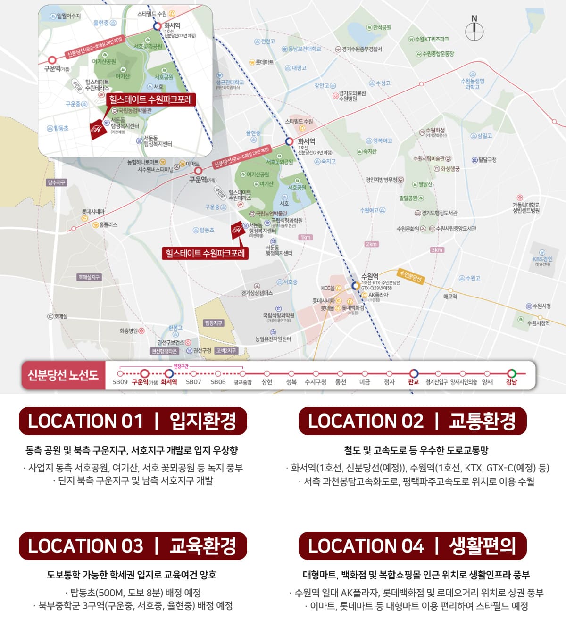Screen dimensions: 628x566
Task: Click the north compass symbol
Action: [474, 31]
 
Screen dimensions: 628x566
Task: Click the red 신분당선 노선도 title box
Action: [63, 375]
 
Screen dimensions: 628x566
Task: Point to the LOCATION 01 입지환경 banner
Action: [133, 421]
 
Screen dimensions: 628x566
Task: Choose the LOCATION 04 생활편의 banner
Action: [412, 546]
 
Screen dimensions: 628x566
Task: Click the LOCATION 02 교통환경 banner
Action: [412, 421]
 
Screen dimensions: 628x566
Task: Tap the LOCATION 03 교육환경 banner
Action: [133, 546]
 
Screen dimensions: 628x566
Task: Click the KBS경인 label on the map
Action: [542, 259]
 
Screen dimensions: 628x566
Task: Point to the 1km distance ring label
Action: [306, 237]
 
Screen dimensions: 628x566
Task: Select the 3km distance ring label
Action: [437, 250]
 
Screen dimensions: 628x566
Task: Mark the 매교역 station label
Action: [450, 297]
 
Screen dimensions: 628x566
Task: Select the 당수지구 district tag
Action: [56, 182]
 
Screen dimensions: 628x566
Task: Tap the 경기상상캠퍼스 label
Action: [257, 293]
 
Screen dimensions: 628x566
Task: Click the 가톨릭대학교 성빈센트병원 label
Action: [526, 207]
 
